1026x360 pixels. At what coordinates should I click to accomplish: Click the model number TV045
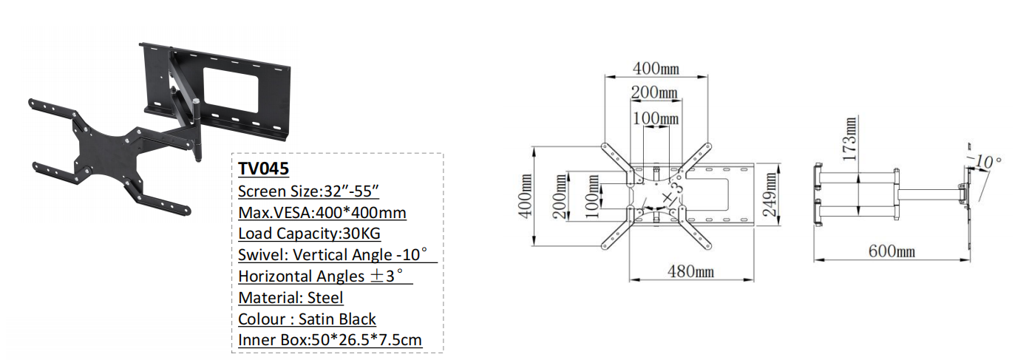(263, 169)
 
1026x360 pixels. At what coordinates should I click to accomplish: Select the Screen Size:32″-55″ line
(308, 191)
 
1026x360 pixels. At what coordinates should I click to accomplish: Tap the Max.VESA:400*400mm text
(322, 212)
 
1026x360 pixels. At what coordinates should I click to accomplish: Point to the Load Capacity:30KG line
(309, 234)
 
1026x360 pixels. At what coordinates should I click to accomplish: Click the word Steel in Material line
(325, 298)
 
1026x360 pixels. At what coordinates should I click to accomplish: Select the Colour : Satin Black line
(307, 319)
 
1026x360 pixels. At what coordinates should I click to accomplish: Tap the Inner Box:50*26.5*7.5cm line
(330, 340)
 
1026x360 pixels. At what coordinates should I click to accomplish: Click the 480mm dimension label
(690, 271)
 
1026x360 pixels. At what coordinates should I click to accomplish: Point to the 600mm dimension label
(891, 251)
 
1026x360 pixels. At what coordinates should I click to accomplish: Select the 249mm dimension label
(770, 194)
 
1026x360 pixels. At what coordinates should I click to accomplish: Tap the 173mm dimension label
(849, 139)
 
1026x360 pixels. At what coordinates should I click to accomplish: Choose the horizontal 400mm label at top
(656, 69)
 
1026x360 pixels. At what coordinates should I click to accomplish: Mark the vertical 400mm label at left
(526, 196)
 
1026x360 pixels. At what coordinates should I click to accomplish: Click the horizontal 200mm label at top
(654, 92)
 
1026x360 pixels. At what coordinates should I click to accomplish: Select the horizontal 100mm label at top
(656, 118)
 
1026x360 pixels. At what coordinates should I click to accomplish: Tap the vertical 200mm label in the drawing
(560, 196)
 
